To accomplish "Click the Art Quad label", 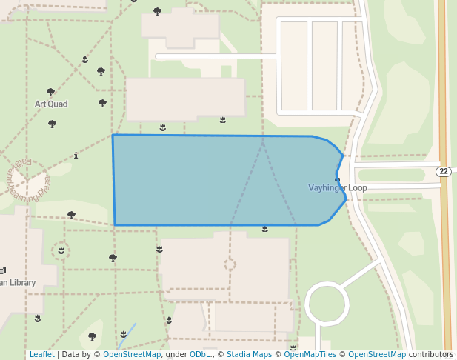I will tap(51, 104).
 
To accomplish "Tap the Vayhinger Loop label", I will tap(337, 188).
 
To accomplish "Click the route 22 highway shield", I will tap(443, 172).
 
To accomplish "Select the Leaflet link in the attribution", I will tap(41, 355).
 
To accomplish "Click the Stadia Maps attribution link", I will tap(249, 355).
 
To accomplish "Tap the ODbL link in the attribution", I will tap(200, 355).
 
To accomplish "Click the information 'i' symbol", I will tap(77, 156).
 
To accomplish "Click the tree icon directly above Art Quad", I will tap(51, 92).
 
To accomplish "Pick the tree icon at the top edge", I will tap(157, 10).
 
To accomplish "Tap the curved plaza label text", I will tap(36, 181).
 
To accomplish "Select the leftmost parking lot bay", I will tap(294, 64).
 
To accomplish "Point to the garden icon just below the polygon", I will tap(264, 230).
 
